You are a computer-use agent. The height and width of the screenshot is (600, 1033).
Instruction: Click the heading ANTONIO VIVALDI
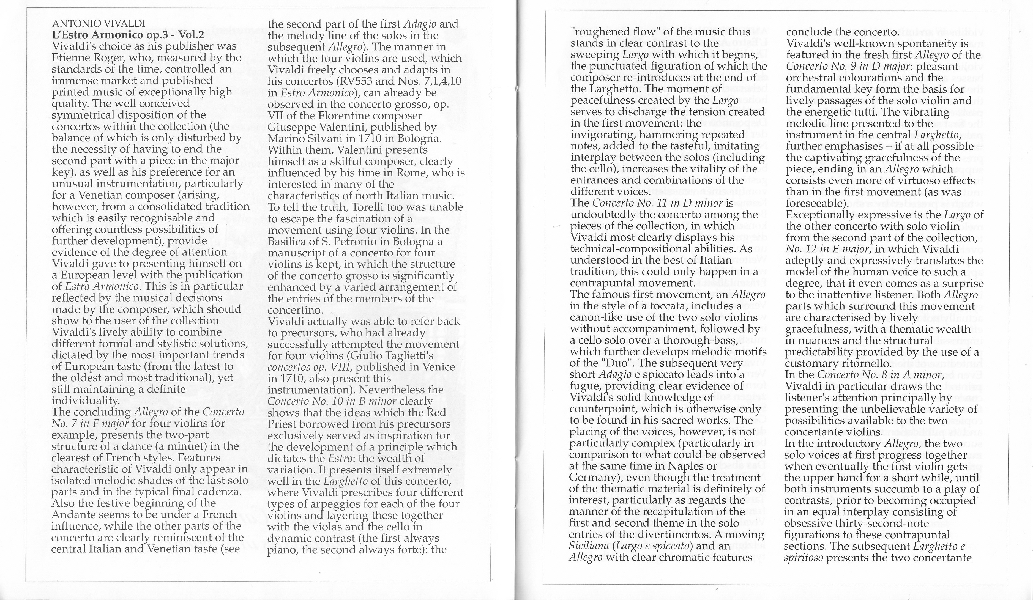99,24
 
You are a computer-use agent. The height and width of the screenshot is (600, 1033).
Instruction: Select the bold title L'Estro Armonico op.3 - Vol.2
128,35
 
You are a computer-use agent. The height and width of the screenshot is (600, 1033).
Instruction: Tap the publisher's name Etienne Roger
82,58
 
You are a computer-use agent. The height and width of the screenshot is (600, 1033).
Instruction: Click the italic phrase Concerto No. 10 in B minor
332,401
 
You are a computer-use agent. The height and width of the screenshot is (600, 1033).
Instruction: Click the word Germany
591,478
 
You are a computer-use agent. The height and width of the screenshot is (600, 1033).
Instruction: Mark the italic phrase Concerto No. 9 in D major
850,66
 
